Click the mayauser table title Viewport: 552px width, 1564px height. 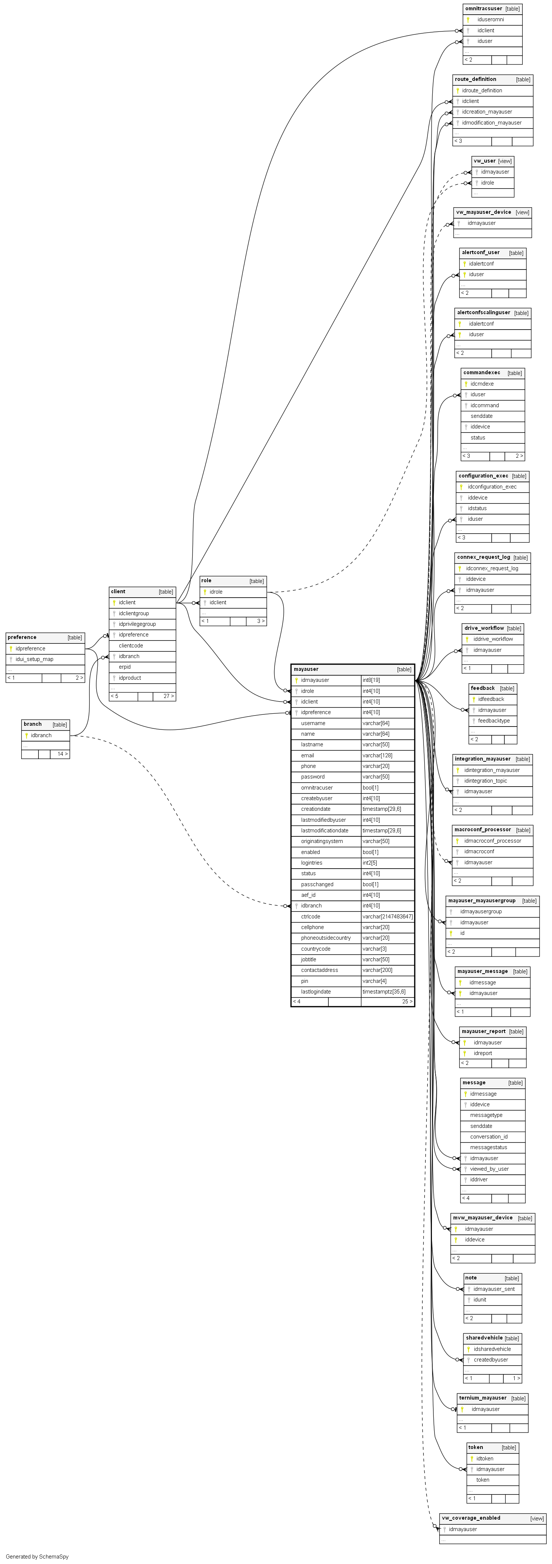pos(306,669)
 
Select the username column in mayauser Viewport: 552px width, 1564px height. pos(313,723)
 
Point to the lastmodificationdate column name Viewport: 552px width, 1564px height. pos(325,831)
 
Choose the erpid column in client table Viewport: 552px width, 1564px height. pos(124,666)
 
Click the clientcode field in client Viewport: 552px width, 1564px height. pos(131,645)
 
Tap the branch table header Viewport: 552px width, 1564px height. pos(33,724)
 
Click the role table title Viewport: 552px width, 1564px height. pos(207,580)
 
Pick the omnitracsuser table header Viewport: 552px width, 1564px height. pos(484,8)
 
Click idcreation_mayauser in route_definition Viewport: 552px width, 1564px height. pos(486,112)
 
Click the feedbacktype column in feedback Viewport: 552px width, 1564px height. pos(494,721)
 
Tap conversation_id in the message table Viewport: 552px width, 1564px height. pos(488,1137)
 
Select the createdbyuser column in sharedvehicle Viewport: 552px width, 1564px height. pos(491,1359)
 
